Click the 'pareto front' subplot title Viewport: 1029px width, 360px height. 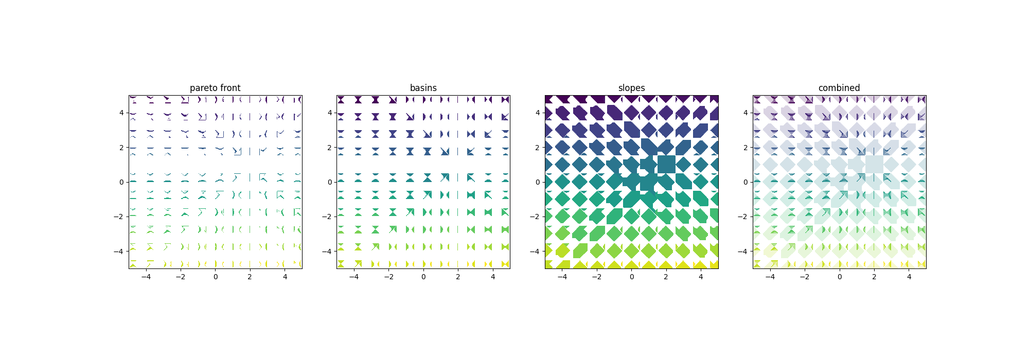215,88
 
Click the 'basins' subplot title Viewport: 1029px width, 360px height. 423,88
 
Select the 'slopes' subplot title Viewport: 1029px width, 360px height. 631,88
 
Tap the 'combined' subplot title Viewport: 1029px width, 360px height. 839,88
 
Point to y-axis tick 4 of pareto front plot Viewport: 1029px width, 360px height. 121,113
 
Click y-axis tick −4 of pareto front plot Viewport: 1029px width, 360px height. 119,251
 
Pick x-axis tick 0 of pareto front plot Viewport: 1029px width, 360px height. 216,277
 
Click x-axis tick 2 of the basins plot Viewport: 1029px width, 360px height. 458,277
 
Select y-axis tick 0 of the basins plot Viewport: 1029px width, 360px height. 330,182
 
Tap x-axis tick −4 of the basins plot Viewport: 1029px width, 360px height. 354,277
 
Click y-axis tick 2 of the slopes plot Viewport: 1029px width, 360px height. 538,148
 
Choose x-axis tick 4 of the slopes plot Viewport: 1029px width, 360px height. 701,277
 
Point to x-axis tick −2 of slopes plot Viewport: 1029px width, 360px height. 597,277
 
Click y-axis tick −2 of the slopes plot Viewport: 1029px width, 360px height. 536,217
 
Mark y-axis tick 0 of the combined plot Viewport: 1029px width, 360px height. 746,182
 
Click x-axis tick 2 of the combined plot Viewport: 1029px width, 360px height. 874,277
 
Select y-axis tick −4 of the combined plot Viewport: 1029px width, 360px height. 743,251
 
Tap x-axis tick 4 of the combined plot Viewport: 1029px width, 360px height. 909,277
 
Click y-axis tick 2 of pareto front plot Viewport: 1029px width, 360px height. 121,148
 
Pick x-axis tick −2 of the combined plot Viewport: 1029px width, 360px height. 805,277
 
